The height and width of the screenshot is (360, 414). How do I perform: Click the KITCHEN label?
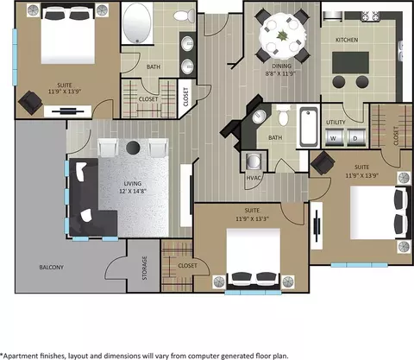(347, 40)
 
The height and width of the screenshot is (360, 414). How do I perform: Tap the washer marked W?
(334, 137)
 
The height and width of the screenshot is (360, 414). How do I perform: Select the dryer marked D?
(355, 137)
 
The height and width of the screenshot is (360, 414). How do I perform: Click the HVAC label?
(254, 178)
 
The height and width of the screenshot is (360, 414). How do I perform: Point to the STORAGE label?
(144, 268)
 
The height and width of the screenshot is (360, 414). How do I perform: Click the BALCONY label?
(52, 267)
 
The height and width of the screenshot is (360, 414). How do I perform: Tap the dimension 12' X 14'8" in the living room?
(133, 191)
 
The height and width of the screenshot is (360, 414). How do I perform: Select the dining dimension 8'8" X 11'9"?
(280, 73)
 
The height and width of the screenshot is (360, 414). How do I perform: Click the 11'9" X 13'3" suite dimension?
(252, 218)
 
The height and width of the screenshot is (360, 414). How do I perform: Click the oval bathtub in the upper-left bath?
(136, 23)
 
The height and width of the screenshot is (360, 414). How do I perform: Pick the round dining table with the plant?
(282, 35)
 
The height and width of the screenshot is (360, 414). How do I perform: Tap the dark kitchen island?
(350, 62)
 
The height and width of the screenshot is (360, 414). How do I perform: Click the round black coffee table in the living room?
(133, 148)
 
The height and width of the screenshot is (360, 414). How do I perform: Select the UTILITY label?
(336, 123)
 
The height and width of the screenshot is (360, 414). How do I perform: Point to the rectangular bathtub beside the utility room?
(309, 126)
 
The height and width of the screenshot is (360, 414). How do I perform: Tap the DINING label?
(281, 66)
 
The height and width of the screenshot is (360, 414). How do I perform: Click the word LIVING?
(133, 183)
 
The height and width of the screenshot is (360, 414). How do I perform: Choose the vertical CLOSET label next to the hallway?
(185, 97)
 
